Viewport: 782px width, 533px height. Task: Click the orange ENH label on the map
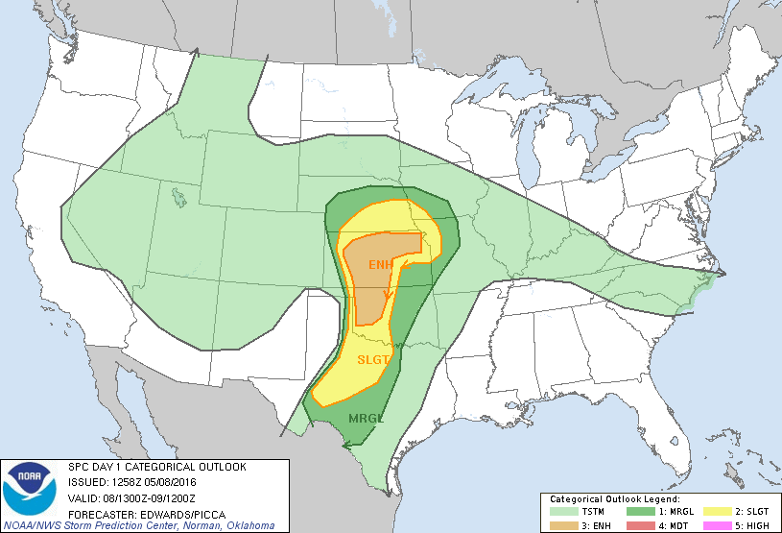point(380,263)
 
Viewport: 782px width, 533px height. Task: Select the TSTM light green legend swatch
point(560,512)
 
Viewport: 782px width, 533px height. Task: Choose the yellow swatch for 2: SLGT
point(714,512)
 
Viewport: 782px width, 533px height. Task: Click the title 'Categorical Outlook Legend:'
point(614,499)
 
